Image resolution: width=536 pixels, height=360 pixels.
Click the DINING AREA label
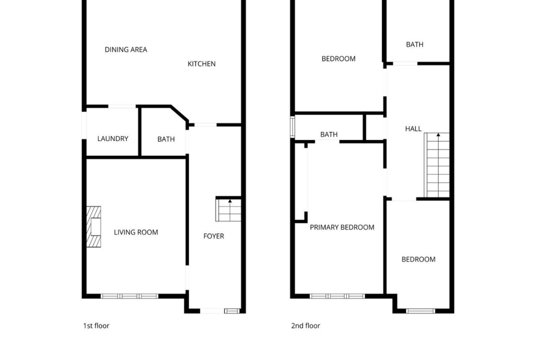[x=126, y=50]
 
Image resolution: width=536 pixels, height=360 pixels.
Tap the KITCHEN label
[x=202, y=64]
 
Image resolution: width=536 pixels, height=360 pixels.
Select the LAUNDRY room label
[x=113, y=138]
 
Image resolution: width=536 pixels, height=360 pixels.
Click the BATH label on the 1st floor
[x=166, y=139]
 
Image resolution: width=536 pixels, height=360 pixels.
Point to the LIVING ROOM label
[x=136, y=233]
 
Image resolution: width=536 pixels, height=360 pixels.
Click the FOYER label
[x=213, y=236]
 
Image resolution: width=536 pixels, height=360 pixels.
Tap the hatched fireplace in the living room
[x=93, y=227]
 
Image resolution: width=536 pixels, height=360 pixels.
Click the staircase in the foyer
[x=228, y=210]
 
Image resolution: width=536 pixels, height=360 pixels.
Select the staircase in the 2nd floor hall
[x=437, y=165]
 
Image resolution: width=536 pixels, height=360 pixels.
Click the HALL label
[x=413, y=129]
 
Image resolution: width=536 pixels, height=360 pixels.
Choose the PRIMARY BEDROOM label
[x=342, y=227]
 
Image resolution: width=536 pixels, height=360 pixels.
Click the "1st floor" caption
[x=96, y=326]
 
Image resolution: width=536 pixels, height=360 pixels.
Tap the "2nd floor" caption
[x=306, y=326]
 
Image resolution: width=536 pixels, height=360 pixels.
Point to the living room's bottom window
[x=130, y=296]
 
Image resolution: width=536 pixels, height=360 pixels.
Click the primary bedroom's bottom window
[x=337, y=296]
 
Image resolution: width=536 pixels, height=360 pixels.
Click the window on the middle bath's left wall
[x=292, y=127]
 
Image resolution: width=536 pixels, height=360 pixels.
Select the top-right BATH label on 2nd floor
[x=415, y=44]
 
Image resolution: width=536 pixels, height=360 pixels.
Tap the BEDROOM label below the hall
[x=418, y=260]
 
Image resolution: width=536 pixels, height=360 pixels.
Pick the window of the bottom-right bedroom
[x=421, y=311]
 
